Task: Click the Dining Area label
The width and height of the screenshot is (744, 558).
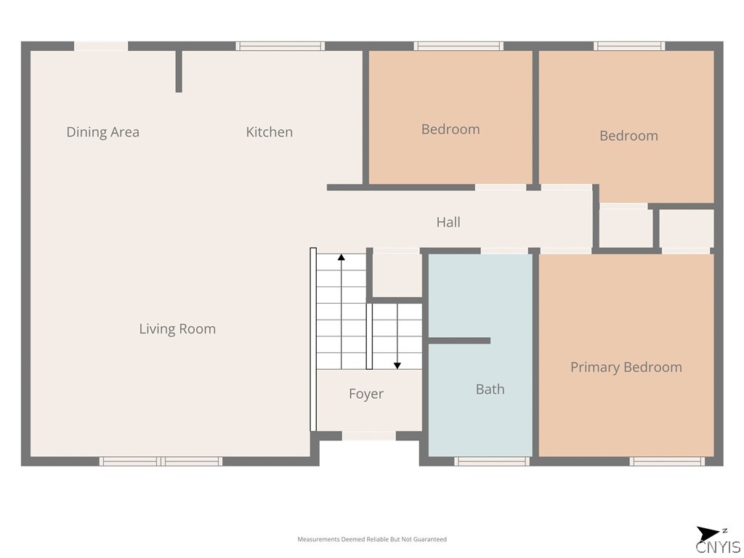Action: click(103, 132)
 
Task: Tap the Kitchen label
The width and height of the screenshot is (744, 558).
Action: click(269, 132)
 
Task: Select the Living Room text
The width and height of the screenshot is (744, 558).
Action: click(177, 329)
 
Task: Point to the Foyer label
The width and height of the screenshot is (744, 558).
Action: click(366, 394)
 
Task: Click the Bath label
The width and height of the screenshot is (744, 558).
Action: click(490, 389)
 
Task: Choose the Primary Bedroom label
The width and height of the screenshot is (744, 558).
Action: click(626, 367)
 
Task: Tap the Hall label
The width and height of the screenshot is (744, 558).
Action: click(448, 222)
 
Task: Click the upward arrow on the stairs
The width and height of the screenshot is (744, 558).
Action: click(341, 311)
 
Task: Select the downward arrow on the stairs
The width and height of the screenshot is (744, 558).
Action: click(397, 336)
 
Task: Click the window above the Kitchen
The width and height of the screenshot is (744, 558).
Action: click(280, 46)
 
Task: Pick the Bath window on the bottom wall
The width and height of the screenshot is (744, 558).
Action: click(492, 461)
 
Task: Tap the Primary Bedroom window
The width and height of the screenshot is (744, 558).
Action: click(667, 461)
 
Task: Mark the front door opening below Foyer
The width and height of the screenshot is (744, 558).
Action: click(368, 436)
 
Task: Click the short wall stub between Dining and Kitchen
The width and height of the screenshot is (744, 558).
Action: click(179, 71)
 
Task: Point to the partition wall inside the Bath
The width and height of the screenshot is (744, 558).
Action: click(459, 341)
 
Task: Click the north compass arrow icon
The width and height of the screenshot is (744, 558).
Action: click(708, 533)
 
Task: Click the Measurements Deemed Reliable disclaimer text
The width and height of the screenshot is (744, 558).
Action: click(372, 539)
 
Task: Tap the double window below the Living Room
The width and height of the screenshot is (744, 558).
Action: click(161, 461)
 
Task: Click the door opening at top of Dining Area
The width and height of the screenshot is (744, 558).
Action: click(101, 46)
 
